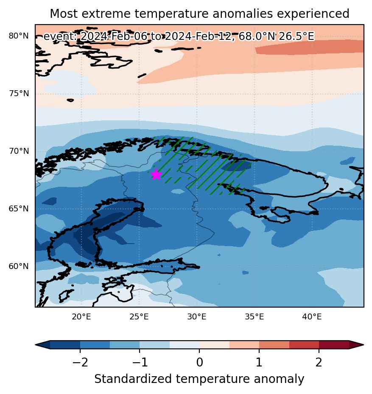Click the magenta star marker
tap(156, 174)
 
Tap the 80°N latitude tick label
tap(19, 36)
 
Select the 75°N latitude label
tap(19, 94)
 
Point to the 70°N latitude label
tap(19, 151)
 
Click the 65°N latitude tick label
tap(19, 208)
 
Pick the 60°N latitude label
tap(19, 266)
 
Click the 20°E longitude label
tap(81, 316)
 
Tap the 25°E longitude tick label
tap(139, 316)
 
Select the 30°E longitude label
tap(197, 316)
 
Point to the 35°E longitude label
tap(255, 316)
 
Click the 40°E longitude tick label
tap(312, 316)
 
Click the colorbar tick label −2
tap(80, 363)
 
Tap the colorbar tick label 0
tap(199, 363)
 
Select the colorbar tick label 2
tap(319, 363)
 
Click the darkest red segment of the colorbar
tap(334, 345)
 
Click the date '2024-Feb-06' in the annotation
tap(113, 36)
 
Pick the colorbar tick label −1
tap(140, 363)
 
